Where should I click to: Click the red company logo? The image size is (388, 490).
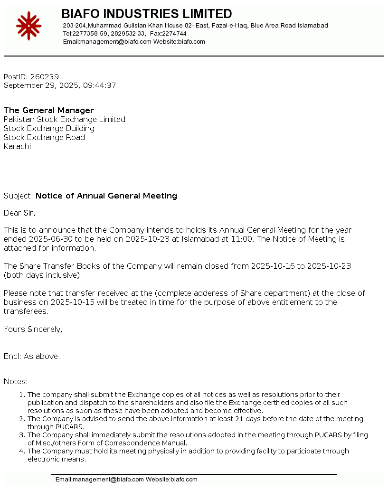point(28,26)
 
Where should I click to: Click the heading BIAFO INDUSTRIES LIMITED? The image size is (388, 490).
point(147,14)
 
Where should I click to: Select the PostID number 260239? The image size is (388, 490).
point(45,76)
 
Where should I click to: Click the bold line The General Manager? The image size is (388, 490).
point(49,110)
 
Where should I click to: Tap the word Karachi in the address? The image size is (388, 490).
point(17,146)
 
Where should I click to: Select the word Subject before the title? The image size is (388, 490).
point(18,196)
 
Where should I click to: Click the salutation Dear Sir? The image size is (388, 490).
point(19,213)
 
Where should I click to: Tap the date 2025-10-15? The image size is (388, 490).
point(74,302)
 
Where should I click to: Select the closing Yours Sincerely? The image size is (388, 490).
point(33,329)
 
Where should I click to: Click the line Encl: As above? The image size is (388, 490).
point(32,356)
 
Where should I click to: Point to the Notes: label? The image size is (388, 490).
point(16,381)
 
